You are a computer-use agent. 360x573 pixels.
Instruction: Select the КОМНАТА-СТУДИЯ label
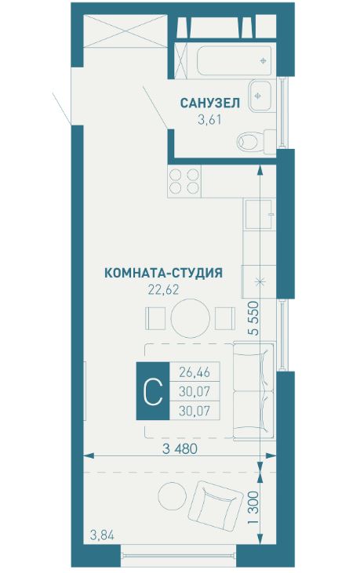(163, 273)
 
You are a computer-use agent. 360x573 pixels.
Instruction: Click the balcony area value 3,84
(101, 536)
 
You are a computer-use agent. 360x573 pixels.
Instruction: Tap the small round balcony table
(169, 496)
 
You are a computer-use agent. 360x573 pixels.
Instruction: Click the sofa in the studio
(256, 390)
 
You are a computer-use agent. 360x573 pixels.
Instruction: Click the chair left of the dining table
(154, 318)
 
